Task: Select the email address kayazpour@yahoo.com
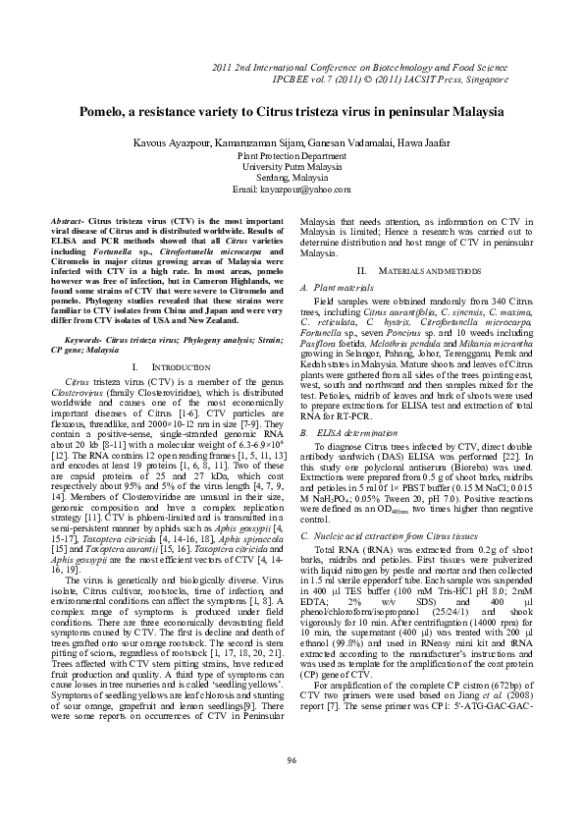coord(307,189)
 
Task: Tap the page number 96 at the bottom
coord(292,789)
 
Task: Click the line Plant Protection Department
coord(292,155)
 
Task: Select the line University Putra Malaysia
coord(292,167)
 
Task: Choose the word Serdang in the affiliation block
coord(273,178)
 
